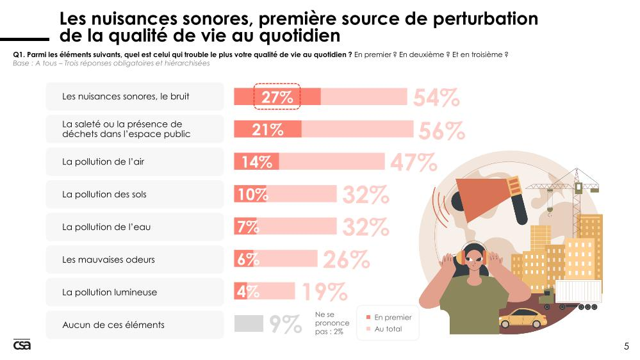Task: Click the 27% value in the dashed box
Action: [277, 97]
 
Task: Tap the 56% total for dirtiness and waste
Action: [441, 131]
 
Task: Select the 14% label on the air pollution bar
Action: [257, 162]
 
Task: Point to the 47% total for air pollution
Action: [413, 163]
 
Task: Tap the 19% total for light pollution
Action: [324, 293]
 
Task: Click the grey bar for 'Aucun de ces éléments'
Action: [249, 324]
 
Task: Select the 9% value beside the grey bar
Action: [285, 325]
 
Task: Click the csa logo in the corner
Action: [22, 345]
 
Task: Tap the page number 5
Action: [626, 347]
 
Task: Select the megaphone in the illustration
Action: [496, 196]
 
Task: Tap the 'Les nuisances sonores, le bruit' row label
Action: [126, 97]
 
